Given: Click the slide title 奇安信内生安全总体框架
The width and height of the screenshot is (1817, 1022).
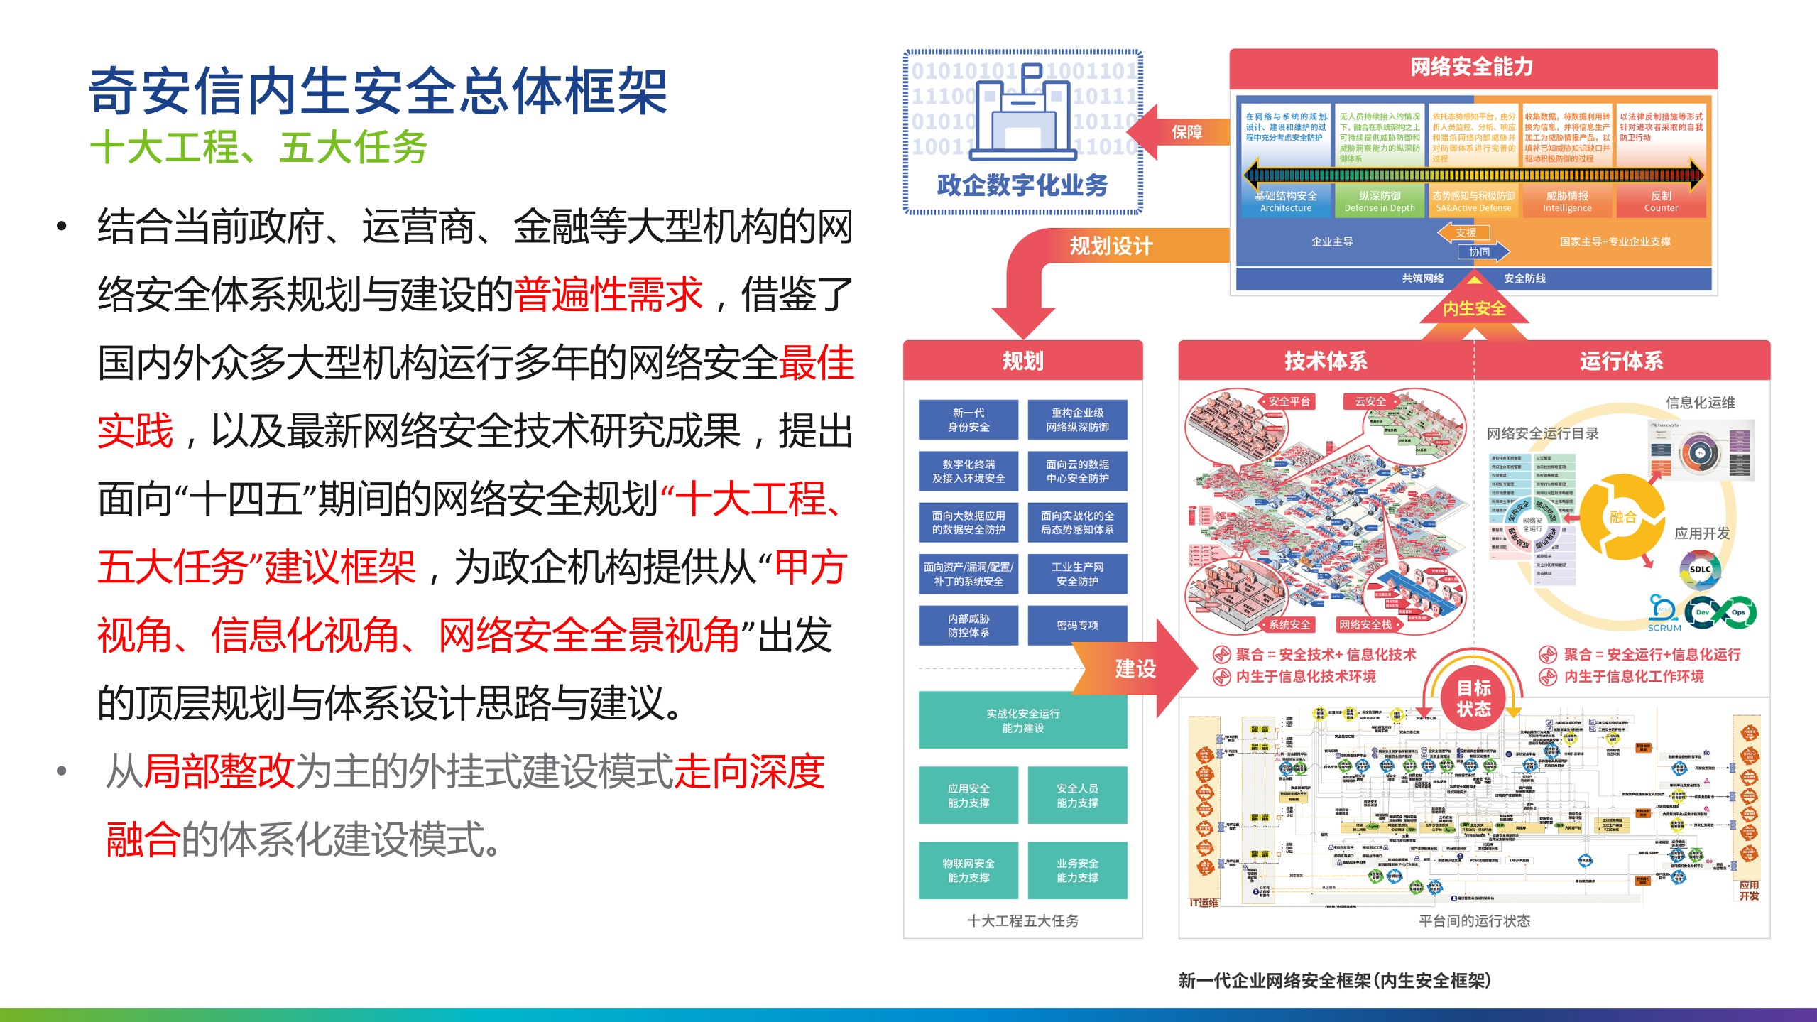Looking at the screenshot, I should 378,91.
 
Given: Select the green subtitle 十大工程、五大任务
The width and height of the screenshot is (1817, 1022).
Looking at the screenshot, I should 259,147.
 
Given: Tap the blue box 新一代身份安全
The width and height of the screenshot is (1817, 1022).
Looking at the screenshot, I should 968,420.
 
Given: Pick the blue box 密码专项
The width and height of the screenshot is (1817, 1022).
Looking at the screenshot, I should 1077,625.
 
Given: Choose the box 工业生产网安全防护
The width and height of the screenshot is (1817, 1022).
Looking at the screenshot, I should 1077,574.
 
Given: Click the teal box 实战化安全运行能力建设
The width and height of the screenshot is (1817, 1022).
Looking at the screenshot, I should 1022,720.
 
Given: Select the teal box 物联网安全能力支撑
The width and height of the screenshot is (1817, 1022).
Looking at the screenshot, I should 968,870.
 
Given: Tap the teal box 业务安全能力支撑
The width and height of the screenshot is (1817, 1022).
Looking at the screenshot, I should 1077,870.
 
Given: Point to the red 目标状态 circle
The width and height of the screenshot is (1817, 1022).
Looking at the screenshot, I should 1473,698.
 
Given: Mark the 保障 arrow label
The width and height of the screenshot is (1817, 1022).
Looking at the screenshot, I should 1186,132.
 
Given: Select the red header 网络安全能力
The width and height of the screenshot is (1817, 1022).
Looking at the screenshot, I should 1472,67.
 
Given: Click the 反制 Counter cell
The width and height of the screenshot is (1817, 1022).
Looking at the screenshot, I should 1661,201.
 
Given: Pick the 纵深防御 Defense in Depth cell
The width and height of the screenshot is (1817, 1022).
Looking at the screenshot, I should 1380,201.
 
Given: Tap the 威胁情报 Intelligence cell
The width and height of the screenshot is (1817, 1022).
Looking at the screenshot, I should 1567,201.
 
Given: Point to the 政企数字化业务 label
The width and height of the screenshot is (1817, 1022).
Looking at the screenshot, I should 1022,185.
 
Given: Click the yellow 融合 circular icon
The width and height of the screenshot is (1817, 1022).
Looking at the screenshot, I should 1622,517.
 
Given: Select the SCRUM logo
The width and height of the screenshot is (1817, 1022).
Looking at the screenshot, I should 1664,614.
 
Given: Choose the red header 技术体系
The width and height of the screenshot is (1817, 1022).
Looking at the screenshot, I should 1326,361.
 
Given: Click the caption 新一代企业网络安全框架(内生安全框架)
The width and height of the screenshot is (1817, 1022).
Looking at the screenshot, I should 1334,981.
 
